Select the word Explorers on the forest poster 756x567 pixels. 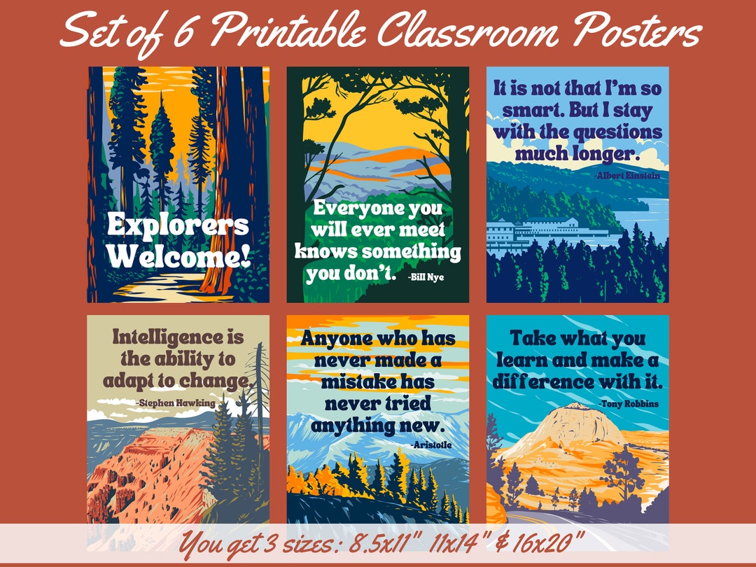pos(178,225)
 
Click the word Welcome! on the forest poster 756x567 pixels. pos(178,256)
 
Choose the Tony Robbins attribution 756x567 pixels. pos(628,403)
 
